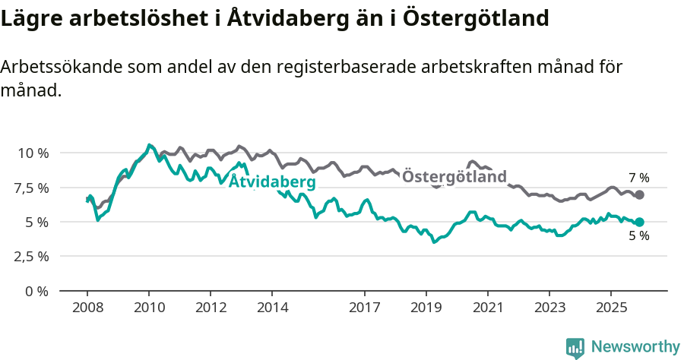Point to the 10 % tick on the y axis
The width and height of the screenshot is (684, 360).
coord(33,153)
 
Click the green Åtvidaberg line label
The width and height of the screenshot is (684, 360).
coord(272,182)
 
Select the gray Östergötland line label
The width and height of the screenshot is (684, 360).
coord(454,177)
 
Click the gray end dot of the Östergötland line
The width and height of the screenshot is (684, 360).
coord(639,195)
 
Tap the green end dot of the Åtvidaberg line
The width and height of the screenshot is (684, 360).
coord(639,223)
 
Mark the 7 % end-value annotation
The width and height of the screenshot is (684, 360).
coord(638,178)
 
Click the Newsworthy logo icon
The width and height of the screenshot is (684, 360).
coord(575,348)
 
